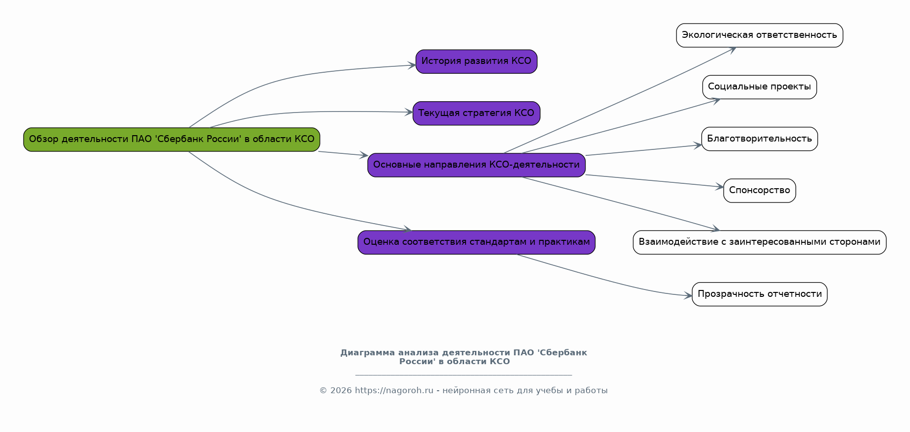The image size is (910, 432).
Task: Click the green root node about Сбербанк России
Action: tap(172, 140)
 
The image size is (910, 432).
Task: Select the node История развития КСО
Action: tap(476, 61)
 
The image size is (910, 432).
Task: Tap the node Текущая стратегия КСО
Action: tap(476, 114)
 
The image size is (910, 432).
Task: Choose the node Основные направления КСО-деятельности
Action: tap(476, 165)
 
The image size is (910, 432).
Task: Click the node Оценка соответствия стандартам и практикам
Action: tap(476, 242)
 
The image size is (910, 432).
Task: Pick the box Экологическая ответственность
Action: tap(759, 35)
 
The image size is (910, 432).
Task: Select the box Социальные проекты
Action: tap(759, 87)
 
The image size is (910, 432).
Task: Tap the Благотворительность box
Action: tap(759, 139)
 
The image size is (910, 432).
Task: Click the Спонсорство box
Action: tap(759, 191)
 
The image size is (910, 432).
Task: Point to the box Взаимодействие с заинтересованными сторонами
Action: tap(759, 242)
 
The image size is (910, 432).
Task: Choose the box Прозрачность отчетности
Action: tap(759, 294)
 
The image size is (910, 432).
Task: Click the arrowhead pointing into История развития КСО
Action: tap(412, 65)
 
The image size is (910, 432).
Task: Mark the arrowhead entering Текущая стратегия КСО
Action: tap(409, 112)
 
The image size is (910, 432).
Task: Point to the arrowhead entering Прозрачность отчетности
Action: tap(688, 296)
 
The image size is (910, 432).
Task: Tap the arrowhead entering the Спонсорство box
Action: tap(720, 187)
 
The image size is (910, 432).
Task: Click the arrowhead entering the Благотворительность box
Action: tap(698, 145)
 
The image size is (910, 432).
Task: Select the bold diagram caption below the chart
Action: tap(463, 357)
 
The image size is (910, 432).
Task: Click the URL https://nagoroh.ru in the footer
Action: tap(394, 391)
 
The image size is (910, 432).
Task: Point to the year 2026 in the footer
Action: tap(341, 391)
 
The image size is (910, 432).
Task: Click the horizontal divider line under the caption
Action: tap(463, 375)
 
